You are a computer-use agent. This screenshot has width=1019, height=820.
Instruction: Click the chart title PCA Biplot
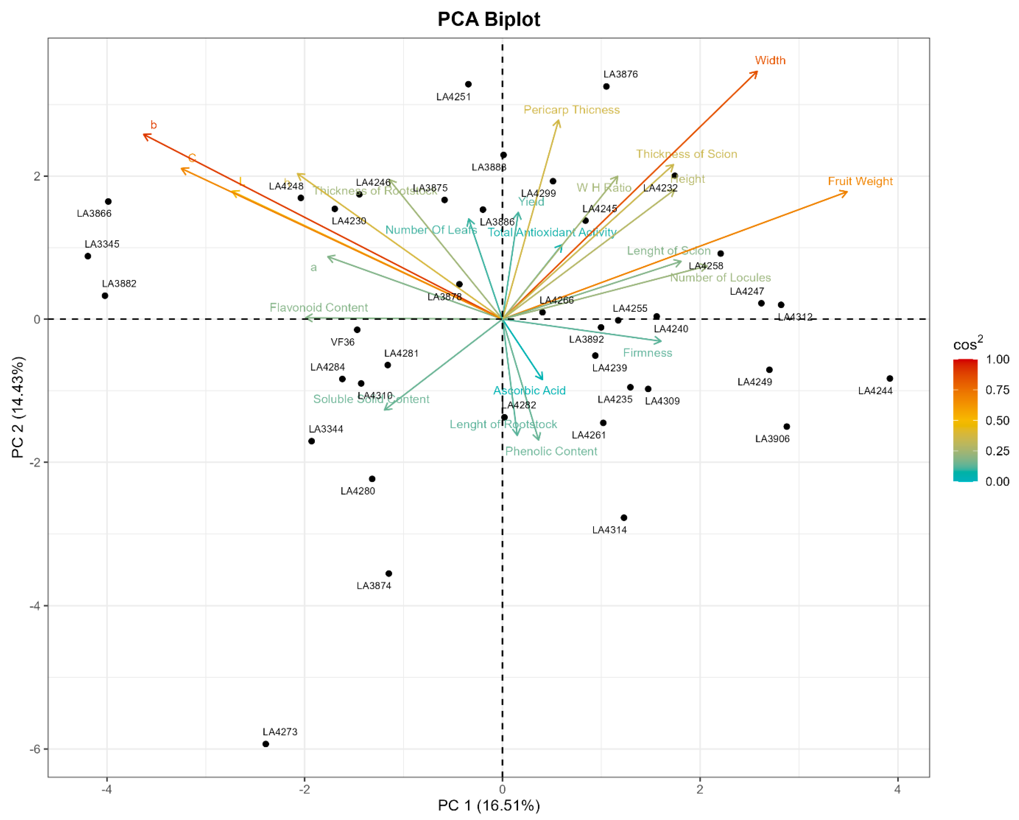[x=489, y=20]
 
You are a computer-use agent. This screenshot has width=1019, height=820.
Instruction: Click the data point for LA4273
[x=266, y=744]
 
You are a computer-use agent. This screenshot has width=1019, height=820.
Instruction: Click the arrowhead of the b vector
[x=144, y=135]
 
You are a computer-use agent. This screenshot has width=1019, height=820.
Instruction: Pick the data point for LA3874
[x=389, y=574]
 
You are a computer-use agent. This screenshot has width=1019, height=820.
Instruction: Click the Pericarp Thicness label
[x=572, y=110]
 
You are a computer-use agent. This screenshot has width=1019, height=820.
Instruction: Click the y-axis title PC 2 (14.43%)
[x=18, y=408]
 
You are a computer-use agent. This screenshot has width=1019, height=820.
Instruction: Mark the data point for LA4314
[x=624, y=518]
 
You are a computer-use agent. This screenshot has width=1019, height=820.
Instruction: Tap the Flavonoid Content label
[x=319, y=307]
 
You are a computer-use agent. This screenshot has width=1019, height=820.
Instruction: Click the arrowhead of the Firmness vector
[x=661, y=340]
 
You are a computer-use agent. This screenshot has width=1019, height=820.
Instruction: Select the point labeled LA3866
[x=108, y=201]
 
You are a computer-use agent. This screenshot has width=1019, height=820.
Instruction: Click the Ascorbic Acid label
[x=529, y=391]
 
